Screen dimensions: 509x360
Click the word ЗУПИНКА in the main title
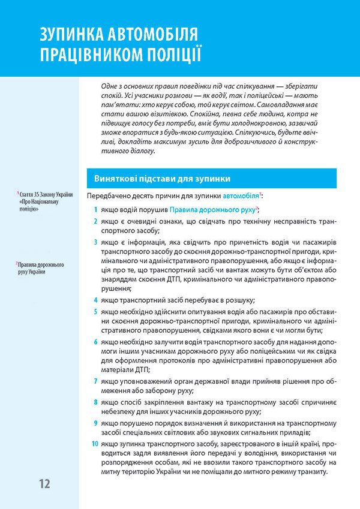[x=70, y=34]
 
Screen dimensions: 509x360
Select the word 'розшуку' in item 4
[x=236, y=300]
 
